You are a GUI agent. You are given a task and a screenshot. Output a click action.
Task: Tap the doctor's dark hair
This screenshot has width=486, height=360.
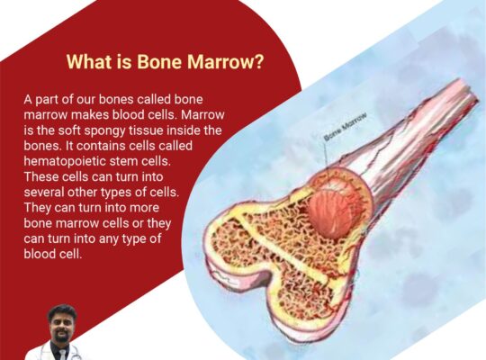click(x=61, y=312)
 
